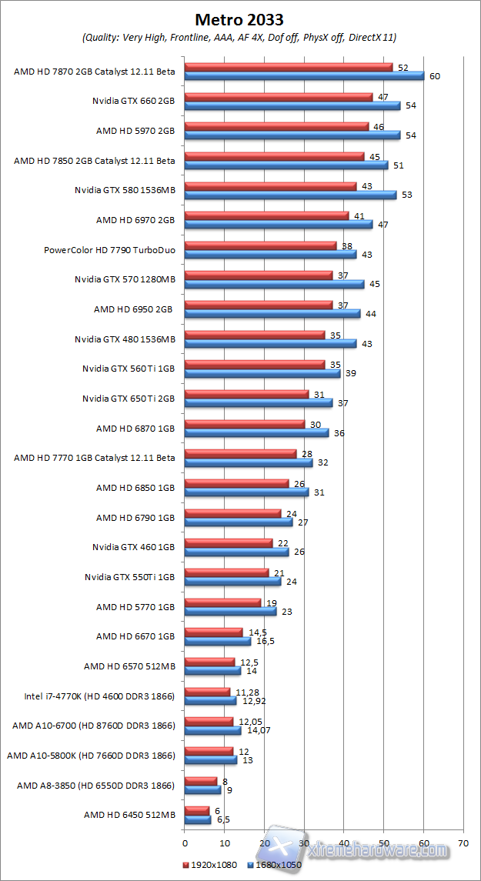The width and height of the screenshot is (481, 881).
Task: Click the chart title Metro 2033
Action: coord(239,19)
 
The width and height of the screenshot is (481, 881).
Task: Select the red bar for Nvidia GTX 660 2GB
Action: coord(279,97)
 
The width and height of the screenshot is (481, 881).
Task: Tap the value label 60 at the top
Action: coord(434,76)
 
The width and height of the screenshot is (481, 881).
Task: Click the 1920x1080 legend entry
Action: coord(210,865)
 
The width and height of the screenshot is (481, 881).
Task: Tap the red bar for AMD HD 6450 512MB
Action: coord(197,810)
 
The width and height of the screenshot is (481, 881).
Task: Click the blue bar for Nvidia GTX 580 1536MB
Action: coord(290,195)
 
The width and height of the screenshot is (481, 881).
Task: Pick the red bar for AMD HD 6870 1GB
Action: coord(245,424)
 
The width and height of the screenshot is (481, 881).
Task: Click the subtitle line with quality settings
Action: coord(239,37)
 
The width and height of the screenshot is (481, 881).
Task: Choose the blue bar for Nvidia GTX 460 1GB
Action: coord(236,552)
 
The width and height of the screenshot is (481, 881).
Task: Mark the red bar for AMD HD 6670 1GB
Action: coord(213,632)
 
